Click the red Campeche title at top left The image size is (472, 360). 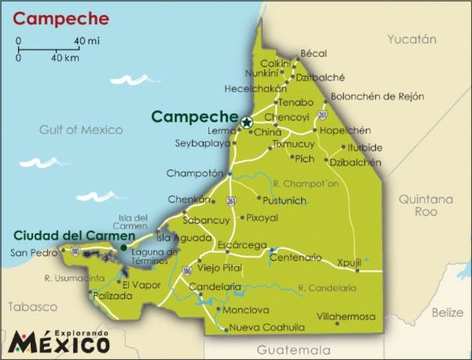[61, 19]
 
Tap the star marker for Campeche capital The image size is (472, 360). [246, 121]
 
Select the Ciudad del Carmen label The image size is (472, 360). [64, 235]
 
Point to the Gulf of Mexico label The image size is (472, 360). [82, 130]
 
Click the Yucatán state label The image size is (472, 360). [411, 39]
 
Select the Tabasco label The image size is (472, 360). [32, 307]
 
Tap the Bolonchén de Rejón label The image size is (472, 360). [378, 96]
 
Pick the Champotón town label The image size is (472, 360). [195, 173]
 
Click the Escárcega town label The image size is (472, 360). [241, 245]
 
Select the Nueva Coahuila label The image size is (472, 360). [267, 328]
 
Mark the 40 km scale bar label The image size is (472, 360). [65, 57]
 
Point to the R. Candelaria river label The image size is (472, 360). [327, 287]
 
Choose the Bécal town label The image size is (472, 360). [314, 53]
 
